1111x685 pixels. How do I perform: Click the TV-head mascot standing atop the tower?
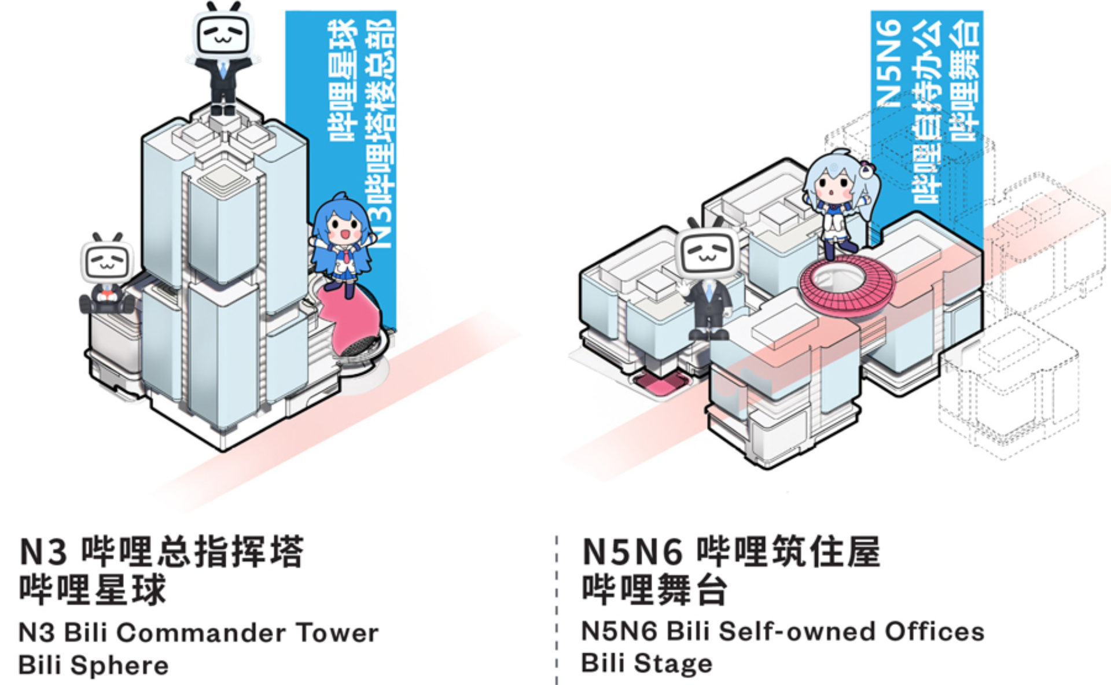coord(223,58)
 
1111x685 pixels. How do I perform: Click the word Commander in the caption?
coord(200,632)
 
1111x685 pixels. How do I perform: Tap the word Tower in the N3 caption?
coord(337,632)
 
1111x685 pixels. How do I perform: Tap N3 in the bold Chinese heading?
coord(43,552)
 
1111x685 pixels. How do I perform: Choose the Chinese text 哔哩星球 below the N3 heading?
coord(93,589)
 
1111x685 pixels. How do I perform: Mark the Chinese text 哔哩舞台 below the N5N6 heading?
coord(655,589)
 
